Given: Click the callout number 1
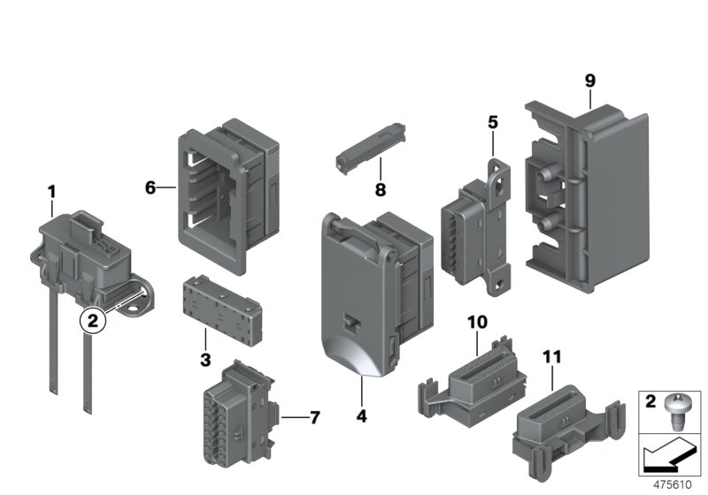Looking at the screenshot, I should [x=51, y=191].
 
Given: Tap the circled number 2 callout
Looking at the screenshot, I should [x=93, y=320].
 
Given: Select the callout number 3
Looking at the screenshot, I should [x=204, y=360].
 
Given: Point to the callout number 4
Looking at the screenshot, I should [x=363, y=413].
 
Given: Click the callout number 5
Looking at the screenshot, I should [x=493, y=122].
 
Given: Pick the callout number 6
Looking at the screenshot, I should [x=150, y=187].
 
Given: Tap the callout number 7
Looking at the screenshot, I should [x=314, y=415].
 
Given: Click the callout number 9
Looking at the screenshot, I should [x=590, y=81].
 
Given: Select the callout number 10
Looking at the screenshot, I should [x=477, y=323].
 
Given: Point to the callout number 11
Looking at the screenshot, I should [x=552, y=357].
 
